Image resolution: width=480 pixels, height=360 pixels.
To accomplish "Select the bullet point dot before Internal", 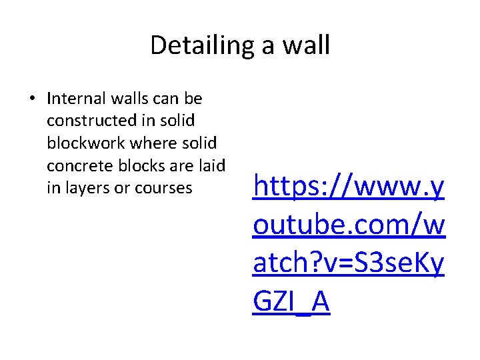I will tap(32, 99).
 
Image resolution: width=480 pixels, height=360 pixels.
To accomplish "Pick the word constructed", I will tap(87, 121).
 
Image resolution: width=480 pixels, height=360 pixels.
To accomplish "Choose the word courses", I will tap(163, 188).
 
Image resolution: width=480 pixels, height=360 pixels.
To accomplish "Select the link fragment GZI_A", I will tap(291, 302).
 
